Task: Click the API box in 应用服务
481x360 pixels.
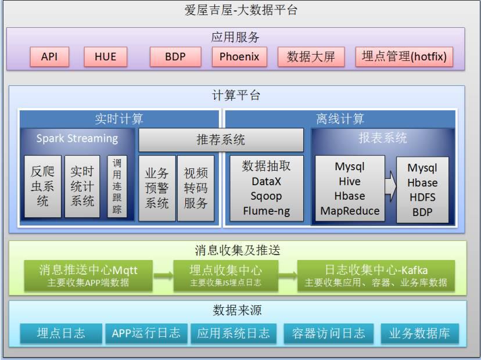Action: (49, 57)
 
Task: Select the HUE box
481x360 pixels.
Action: (105, 57)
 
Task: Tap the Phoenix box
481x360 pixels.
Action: (239, 57)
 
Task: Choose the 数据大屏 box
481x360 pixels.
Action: (311, 57)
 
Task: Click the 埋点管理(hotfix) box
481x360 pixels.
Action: (404, 57)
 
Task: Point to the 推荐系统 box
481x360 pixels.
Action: (221, 140)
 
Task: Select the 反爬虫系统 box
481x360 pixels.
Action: (42, 186)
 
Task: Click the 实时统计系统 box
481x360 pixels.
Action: (82, 186)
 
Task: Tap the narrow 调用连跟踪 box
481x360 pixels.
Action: (117, 186)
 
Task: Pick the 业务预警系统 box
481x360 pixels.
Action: (157, 188)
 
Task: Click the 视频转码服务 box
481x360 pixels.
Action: (195, 188)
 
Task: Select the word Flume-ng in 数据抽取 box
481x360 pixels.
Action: (267, 210)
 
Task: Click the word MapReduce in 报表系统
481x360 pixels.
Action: (350, 211)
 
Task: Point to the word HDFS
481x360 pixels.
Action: (422, 197)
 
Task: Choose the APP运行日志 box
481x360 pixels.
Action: (146, 333)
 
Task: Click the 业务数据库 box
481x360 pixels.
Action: (419, 333)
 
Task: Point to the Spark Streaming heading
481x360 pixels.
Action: (77, 139)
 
